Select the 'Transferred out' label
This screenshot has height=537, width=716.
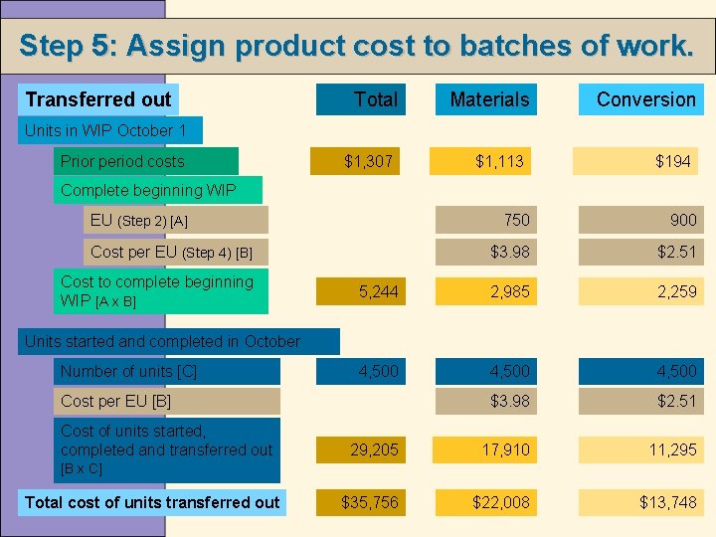click(98, 99)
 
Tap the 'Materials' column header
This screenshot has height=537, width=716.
click(489, 99)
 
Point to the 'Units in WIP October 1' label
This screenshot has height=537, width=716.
click(107, 130)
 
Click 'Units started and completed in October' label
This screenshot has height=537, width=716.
click(162, 341)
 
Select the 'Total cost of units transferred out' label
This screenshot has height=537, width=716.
click(152, 502)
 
